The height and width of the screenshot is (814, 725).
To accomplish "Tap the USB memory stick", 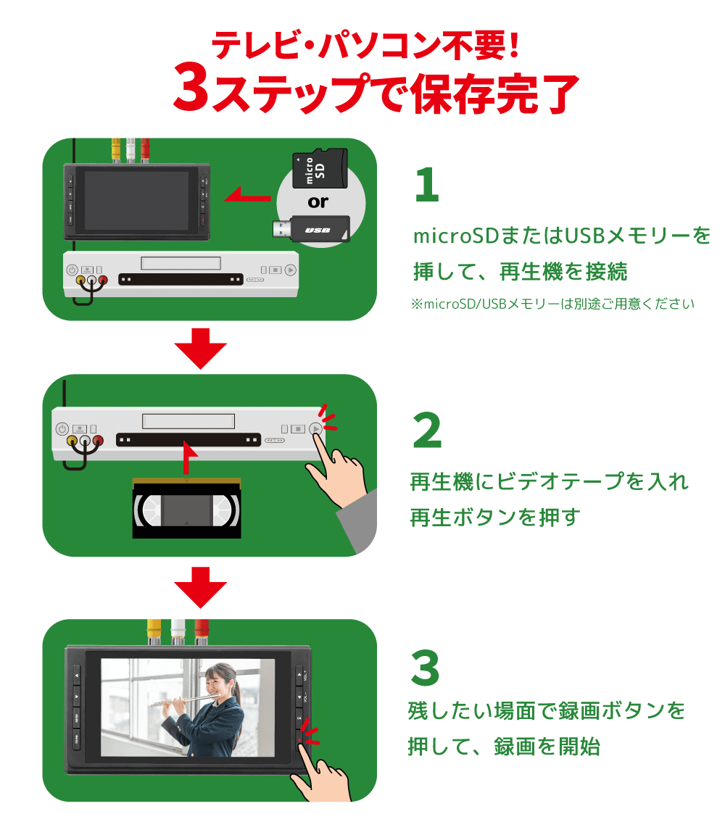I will coord(312,230).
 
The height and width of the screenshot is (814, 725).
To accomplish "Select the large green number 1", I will coord(427,186).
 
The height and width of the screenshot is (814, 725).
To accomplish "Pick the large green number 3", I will coord(426,668).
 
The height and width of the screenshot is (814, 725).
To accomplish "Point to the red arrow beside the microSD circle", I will coord(246,194).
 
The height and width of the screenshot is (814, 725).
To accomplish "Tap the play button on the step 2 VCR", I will coord(316,428).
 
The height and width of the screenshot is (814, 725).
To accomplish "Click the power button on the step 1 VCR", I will coord(72,270).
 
